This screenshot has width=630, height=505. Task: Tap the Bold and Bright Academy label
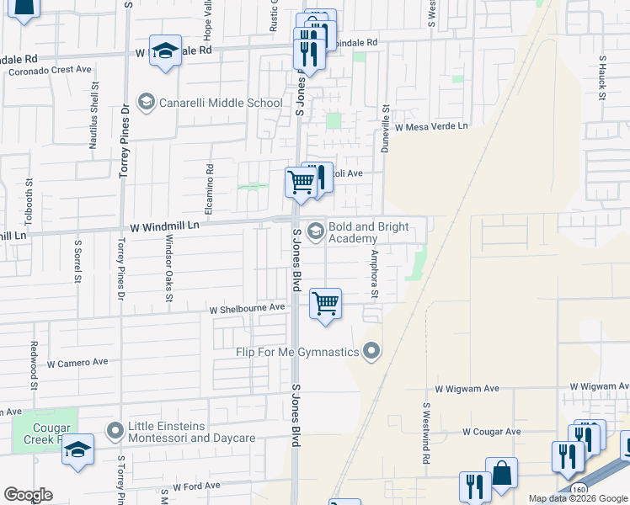[368, 233]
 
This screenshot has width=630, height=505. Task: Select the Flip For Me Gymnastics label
[298, 352]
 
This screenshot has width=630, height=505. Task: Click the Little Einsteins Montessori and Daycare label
[191, 433]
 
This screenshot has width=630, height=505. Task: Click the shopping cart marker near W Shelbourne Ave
[325, 304]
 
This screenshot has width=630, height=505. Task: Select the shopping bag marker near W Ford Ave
[503, 474]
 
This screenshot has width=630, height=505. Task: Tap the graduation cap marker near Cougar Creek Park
[77, 450]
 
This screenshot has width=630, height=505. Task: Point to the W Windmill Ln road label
[164, 226]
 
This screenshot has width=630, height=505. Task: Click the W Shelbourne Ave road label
[248, 309]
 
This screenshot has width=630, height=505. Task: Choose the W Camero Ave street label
[77, 363]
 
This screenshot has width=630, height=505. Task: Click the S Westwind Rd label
[426, 433]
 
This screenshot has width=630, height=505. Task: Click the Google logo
[28, 495]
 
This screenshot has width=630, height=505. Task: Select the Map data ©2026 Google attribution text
[577, 498]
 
